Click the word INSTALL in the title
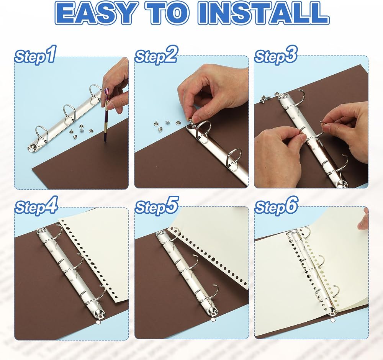[x=264, y=13]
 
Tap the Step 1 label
[x=36, y=55]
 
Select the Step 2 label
[x=156, y=55]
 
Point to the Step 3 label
[x=276, y=55]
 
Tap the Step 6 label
[x=276, y=206]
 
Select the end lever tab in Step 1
[x=33, y=147]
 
